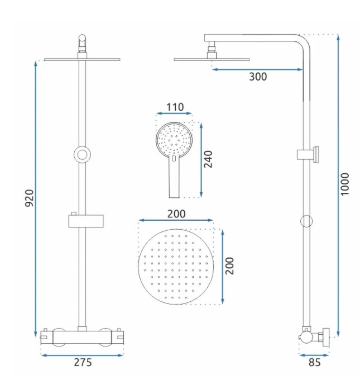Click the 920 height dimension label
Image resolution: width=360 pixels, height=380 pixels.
29,198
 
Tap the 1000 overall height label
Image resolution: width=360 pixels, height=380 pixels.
344,184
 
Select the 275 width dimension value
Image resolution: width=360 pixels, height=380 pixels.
83,362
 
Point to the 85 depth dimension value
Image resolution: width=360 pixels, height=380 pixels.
314,362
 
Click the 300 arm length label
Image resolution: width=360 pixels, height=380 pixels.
258,77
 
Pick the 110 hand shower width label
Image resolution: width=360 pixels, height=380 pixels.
175,107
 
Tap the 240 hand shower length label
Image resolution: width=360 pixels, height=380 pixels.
208,159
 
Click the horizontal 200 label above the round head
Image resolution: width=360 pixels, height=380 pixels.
176,213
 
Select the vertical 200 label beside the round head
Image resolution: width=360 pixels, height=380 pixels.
229,266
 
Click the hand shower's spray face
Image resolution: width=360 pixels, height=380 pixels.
174,139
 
